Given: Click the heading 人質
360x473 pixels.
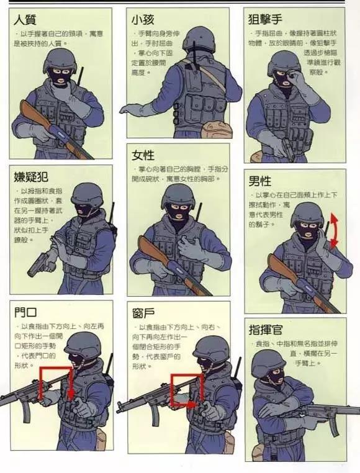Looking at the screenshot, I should tap(24, 19).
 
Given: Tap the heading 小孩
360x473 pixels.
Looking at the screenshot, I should tap(142, 19).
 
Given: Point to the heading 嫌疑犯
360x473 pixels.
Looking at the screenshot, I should tap(31, 176).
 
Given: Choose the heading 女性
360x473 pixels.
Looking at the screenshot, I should tap(143, 155).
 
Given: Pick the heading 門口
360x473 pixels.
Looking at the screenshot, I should tap(25, 313).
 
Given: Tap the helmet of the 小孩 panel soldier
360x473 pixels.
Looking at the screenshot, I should tap(199, 38).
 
